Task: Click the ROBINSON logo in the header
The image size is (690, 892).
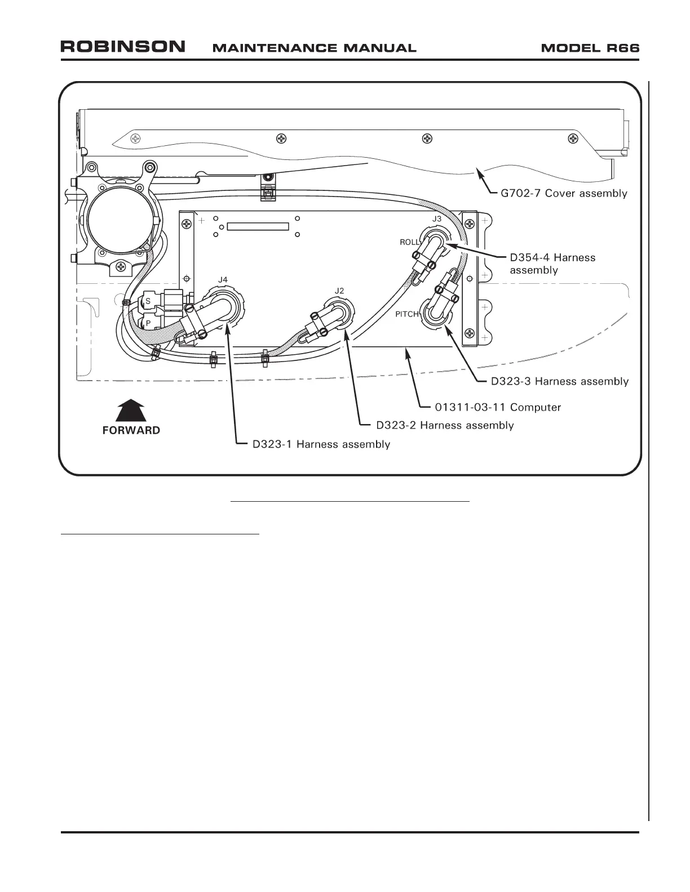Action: [123, 47]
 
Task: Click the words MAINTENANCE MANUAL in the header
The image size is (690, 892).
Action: [314, 48]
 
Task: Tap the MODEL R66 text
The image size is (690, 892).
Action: [590, 48]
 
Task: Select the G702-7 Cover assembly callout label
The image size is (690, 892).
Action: [564, 193]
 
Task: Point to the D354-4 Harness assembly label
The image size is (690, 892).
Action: [552, 264]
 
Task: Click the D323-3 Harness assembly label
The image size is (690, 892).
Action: [559, 381]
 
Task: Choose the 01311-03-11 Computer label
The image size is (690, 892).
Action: [498, 407]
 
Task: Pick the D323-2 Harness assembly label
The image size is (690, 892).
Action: [445, 425]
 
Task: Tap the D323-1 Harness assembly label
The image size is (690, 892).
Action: [321, 444]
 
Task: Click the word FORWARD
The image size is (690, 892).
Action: [131, 430]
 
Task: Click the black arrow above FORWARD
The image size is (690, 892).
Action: [131, 409]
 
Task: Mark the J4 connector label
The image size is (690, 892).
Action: [223, 279]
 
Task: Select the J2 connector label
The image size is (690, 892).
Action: [339, 291]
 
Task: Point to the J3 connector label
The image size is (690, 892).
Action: [437, 218]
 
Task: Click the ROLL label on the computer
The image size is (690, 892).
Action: [410, 242]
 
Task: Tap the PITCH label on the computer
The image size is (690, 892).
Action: [406, 314]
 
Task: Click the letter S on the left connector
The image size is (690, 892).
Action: [148, 301]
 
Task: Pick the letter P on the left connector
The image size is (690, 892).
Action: [148, 323]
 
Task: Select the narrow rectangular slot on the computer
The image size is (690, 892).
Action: [258, 226]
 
